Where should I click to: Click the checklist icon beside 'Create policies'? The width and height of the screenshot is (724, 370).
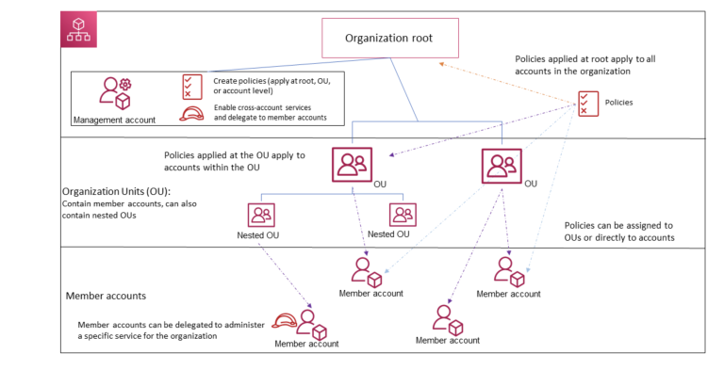(x=192, y=86)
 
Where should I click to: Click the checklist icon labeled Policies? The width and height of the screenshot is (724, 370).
(x=589, y=102)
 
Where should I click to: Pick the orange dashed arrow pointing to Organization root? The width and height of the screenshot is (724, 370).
(x=509, y=81)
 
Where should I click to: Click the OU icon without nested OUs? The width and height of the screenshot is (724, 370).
(x=501, y=167)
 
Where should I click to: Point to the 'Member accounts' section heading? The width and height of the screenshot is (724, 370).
(x=106, y=296)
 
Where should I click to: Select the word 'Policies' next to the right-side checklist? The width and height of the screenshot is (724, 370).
(x=617, y=102)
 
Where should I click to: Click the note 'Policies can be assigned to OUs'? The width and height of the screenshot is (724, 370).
(x=618, y=226)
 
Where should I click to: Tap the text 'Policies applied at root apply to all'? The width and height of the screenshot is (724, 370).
(x=595, y=58)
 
